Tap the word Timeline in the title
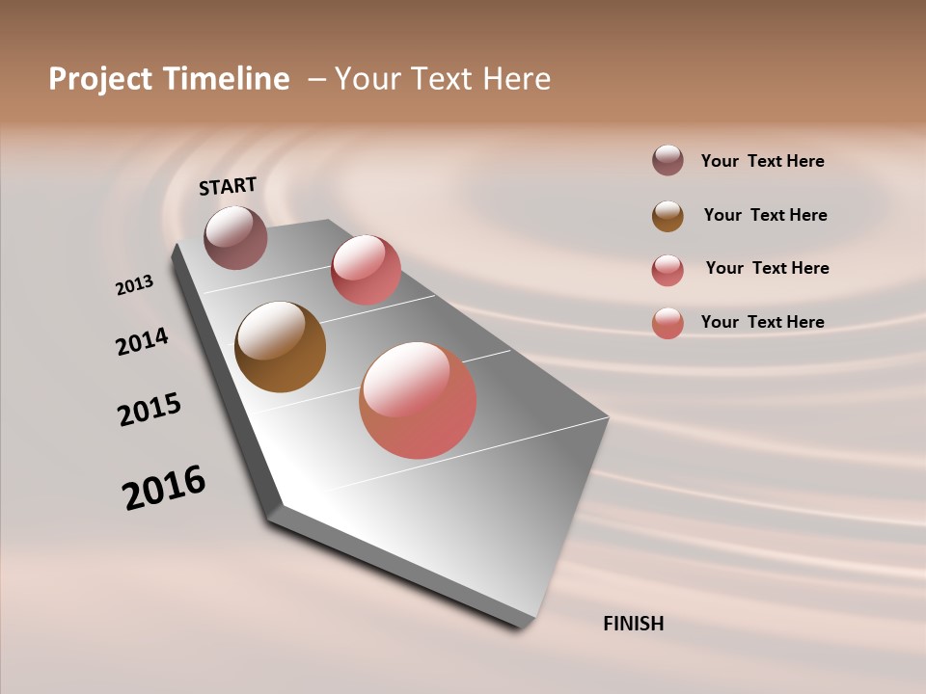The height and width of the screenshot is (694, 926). click(x=228, y=79)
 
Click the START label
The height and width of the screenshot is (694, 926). click(x=228, y=186)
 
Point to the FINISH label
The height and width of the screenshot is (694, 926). click(x=633, y=624)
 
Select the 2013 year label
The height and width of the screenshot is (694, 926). click(x=134, y=285)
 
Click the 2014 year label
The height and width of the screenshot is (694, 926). click(x=142, y=341)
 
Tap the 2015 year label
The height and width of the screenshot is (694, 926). click(x=150, y=410)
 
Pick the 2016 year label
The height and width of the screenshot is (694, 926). click(x=164, y=487)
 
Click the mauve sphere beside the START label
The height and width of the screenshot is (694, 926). click(x=235, y=237)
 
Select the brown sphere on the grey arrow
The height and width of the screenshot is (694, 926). click(x=280, y=347)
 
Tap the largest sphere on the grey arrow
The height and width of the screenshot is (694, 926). click(x=418, y=400)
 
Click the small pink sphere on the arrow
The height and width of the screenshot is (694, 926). click(x=366, y=269)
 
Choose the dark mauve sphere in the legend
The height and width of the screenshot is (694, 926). click(x=667, y=160)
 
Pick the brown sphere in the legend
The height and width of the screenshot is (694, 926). click(x=667, y=216)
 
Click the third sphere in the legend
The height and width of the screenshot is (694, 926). click(x=667, y=269)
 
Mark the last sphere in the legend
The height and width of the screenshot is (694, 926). click(x=667, y=322)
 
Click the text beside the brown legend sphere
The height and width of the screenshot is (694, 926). click(x=765, y=215)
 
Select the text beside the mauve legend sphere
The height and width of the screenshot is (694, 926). click(x=762, y=161)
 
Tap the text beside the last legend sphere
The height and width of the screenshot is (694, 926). click(x=762, y=322)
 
